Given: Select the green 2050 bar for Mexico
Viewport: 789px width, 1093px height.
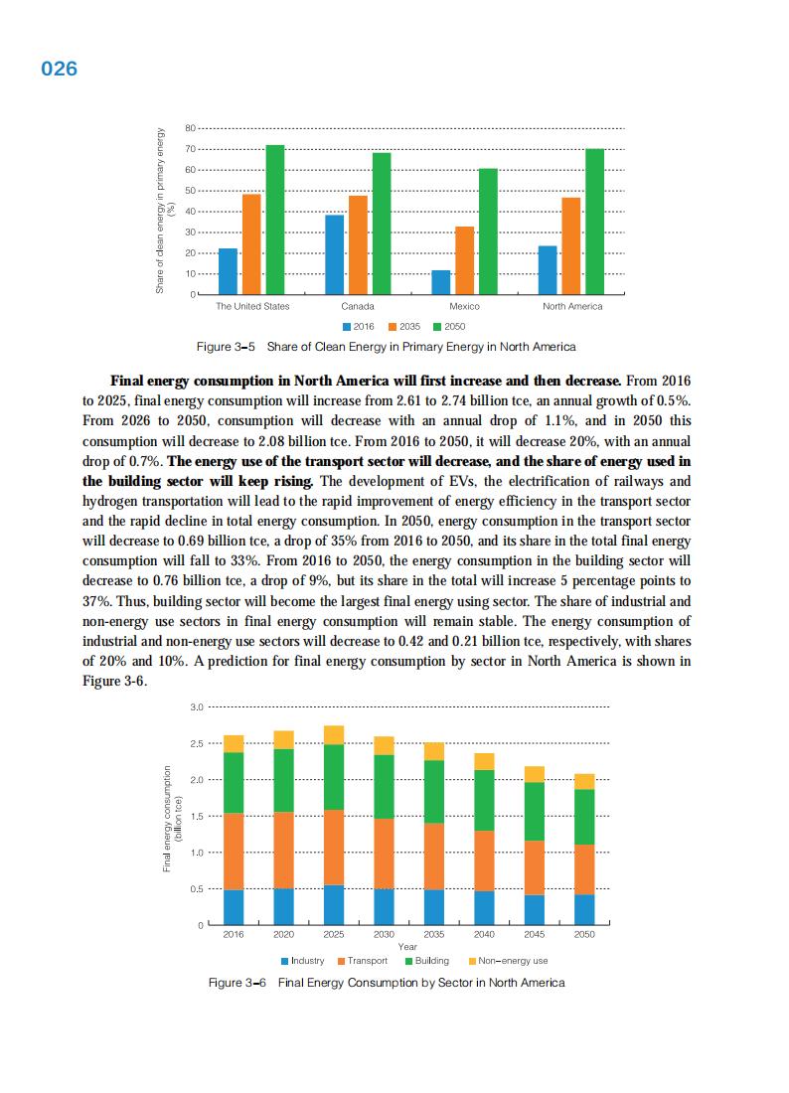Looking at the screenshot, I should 488,232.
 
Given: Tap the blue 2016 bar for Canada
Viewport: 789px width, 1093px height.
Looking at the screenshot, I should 335,255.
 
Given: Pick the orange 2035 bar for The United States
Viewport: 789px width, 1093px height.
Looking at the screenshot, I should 251,244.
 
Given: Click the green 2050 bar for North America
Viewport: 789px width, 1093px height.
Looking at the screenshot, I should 595,222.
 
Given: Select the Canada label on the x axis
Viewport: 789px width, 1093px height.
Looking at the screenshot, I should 357,306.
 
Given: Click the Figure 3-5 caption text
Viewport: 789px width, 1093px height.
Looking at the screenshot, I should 386,347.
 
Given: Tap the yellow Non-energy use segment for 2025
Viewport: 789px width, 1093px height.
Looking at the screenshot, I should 334,735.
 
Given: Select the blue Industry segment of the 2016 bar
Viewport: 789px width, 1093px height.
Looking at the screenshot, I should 234,907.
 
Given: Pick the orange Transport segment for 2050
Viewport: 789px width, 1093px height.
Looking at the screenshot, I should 584,869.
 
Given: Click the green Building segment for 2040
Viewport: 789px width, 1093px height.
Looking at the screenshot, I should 484,800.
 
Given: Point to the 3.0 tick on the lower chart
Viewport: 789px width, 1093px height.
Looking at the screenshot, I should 197,707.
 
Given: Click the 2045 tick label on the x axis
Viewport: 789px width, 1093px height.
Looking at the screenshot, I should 535,935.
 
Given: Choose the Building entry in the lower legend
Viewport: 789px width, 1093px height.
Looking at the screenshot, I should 426,961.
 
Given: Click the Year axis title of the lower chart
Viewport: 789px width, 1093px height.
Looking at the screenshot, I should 407,947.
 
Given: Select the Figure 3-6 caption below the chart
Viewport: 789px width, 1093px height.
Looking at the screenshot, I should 386,983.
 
